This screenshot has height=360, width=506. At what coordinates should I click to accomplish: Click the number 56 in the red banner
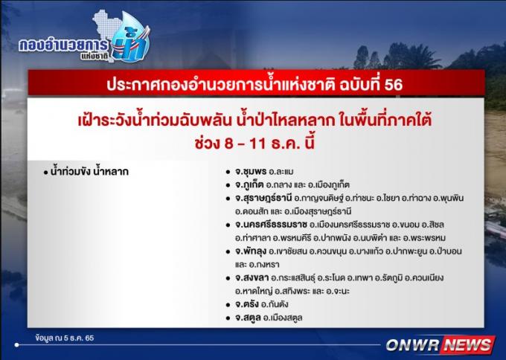(x=393, y=85)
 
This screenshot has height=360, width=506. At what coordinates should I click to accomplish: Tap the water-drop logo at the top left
(x=132, y=38)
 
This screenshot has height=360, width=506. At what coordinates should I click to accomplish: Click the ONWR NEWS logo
(x=441, y=344)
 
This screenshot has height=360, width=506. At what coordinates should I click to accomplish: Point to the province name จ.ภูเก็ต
(x=249, y=185)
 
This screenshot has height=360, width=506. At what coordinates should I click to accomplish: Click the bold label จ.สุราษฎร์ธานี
(x=263, y=198)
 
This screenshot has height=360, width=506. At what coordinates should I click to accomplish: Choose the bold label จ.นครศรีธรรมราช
(x=271, y=224)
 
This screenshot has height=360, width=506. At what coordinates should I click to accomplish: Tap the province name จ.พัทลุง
(x=251, y=251)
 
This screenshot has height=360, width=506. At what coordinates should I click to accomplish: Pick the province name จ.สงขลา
(x=252, y=277)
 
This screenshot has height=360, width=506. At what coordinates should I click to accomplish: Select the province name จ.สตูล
(x=248, y=318)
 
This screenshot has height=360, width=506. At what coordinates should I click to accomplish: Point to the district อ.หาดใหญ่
(x=253, y=292)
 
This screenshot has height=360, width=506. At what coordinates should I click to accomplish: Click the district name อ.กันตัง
(x=275, y=304)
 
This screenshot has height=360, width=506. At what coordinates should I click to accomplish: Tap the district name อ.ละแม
(x=281, y=172)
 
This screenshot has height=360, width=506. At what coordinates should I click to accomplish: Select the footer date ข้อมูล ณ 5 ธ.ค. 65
(x=65, y=338)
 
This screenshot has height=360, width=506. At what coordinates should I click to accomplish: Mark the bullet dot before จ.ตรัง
(x=228, y=305)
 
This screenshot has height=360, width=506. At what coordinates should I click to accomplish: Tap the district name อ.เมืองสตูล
(x=283, y=318)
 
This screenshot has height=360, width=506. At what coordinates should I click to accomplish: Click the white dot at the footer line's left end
(x=17, y=345)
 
